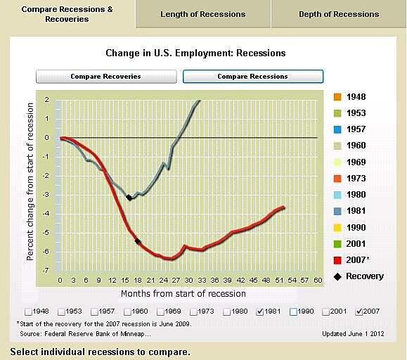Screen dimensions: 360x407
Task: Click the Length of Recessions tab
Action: tap(202, 14)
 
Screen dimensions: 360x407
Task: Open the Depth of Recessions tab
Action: tap(338, 14)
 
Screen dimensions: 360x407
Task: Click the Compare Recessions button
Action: tap(252, 76)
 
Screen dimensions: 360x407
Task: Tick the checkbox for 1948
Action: tap(27, 311)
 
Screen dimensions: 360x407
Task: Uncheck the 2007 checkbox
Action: tap(361, 311)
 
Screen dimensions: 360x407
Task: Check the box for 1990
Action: tap(293, 311)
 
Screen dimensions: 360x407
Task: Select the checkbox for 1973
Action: tap(195, 311)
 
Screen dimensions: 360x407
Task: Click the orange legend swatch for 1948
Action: tap(338, 97)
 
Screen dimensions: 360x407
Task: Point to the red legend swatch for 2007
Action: tap(338, 259)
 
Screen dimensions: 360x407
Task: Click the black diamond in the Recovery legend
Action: tap(338, 276)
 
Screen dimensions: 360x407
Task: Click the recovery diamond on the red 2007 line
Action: tap(138, 242)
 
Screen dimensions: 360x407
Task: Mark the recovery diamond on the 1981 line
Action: tap(129, 198)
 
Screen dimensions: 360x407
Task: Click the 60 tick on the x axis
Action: tap(318, 280)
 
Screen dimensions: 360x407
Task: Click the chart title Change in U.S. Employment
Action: tap(195, 53)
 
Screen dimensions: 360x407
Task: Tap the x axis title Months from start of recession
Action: tap(183, 293)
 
